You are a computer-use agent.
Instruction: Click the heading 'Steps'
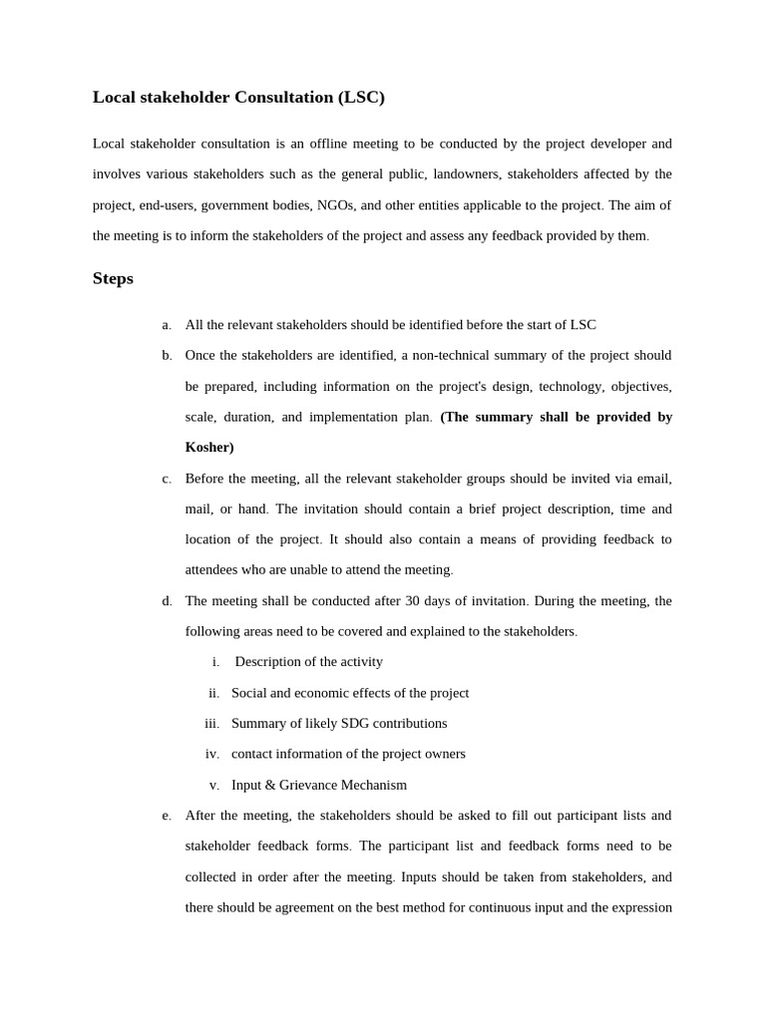pos(113,278)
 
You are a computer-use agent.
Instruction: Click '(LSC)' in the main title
pos(361,97)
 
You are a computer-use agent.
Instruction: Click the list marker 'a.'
pos(167,325)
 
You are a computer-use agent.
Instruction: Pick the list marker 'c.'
pos(167,479)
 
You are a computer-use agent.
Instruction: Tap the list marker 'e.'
pos(167,816)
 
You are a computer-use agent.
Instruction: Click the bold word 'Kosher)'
pos(209,448)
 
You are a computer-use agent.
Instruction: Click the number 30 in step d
pos(413,600)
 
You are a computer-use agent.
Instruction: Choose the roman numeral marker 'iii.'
pos(211,724)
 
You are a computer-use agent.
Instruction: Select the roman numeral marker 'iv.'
pos(211,755)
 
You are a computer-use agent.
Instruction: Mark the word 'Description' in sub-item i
pos(272,662)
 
